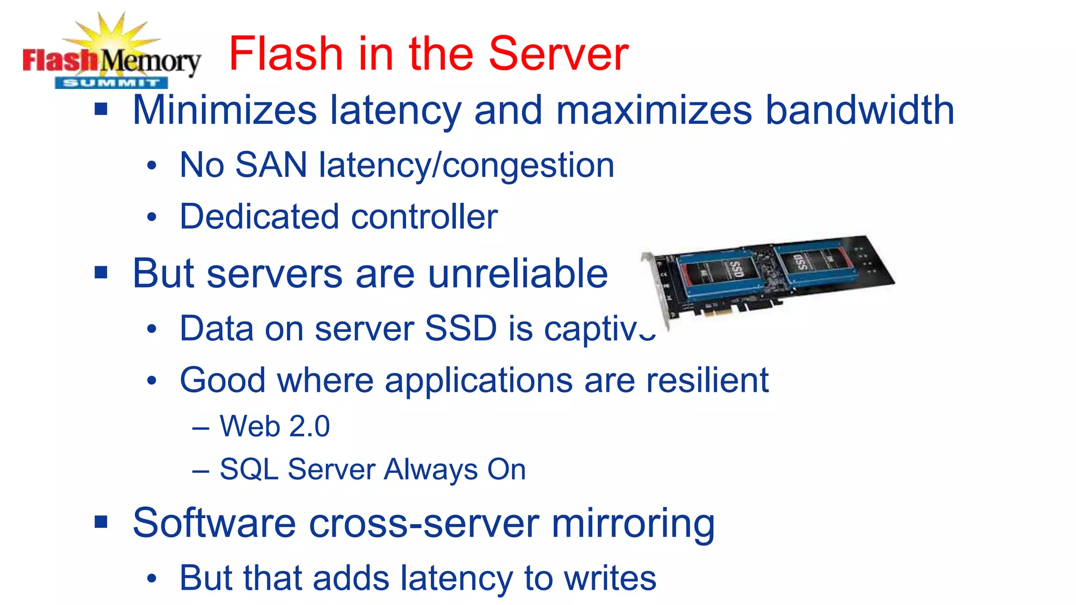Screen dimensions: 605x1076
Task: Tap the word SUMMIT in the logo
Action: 111,82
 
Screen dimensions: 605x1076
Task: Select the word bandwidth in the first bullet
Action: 860,110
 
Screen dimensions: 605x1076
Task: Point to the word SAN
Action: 271,165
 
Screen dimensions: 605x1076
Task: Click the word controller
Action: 424,217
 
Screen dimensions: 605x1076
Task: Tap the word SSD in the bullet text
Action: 460,329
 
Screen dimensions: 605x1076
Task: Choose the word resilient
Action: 707,380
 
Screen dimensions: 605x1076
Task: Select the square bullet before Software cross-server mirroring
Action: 101,522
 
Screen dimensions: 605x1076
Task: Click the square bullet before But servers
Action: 101,273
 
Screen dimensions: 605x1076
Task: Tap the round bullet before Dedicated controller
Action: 152,217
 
